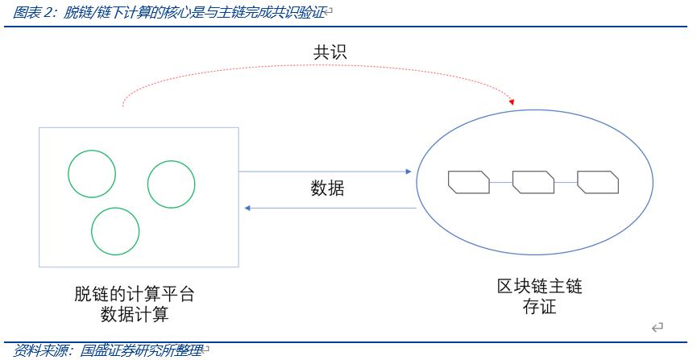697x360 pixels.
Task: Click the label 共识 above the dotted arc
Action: [330, 53]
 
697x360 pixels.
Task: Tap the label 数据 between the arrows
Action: [327, 188]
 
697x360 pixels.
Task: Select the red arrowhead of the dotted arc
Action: [511, 102]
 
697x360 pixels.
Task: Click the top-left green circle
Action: [91, 173]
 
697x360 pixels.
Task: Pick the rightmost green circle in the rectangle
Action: [171, 184]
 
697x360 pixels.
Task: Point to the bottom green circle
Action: [115, 231]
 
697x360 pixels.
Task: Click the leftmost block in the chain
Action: [468, 182]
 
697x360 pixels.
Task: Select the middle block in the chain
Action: [533, 182]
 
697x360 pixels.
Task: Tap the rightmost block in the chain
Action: [597, 182]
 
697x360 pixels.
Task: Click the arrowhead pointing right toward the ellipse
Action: [409, 172]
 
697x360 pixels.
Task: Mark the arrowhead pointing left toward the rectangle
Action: [248, 209]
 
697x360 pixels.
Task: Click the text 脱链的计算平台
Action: [135, 296]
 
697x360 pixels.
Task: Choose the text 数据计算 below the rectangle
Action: [135, 315]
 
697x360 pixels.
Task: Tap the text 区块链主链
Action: [539, 287]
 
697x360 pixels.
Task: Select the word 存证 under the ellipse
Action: [539, 307]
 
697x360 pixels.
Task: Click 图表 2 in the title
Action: [31, 12]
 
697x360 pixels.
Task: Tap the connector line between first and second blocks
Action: [500, 183]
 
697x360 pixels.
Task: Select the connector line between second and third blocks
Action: [565, 183]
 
